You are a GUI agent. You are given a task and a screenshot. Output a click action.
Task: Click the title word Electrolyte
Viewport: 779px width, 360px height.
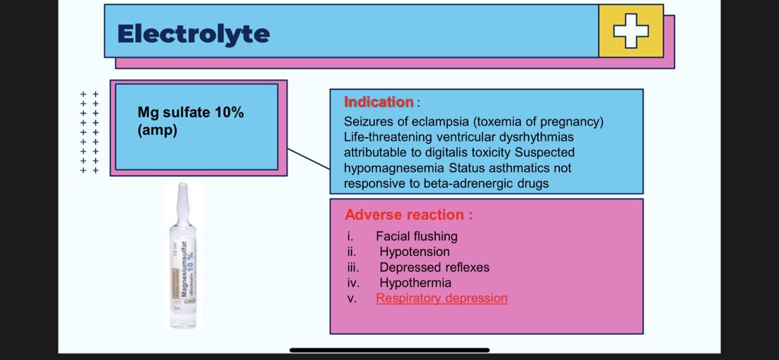pyautogui.click(x=193, y=33)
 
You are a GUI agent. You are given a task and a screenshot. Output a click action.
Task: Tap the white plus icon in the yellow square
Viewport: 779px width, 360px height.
pyautogui.click(x=631, y=31)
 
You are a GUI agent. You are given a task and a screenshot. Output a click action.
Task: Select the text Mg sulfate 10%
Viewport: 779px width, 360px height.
pyautogui.click(x=186, y=113)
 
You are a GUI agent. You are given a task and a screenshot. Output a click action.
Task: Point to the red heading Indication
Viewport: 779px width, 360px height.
pyautogui.click(x=379, y=102)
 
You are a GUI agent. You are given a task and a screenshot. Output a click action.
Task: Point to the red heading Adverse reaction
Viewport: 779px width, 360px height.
pyautogui.click(x=409, y=215)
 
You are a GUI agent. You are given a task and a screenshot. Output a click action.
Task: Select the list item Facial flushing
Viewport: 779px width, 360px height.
pyautogui.click(x=416, y=236)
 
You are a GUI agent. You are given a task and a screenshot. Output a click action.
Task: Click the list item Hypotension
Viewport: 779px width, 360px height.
pyautogui.click(x=415, y=252)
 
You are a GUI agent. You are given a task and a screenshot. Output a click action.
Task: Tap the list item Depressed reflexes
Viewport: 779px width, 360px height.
pyautogui.click(x=434, y=268)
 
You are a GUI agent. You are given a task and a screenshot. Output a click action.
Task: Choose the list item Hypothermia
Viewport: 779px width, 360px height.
pyautogui.click(x=415, y=283)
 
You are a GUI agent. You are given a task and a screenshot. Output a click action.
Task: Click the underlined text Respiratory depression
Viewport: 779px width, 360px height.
pyautogui.click(x=441, y=298)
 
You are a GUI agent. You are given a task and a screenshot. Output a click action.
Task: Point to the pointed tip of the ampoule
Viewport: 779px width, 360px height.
pyautogui.click(x=182, y=186)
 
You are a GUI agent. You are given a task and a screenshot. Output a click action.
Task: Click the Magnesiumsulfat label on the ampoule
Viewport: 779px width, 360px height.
pyautogui.click(x=183, y=275)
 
